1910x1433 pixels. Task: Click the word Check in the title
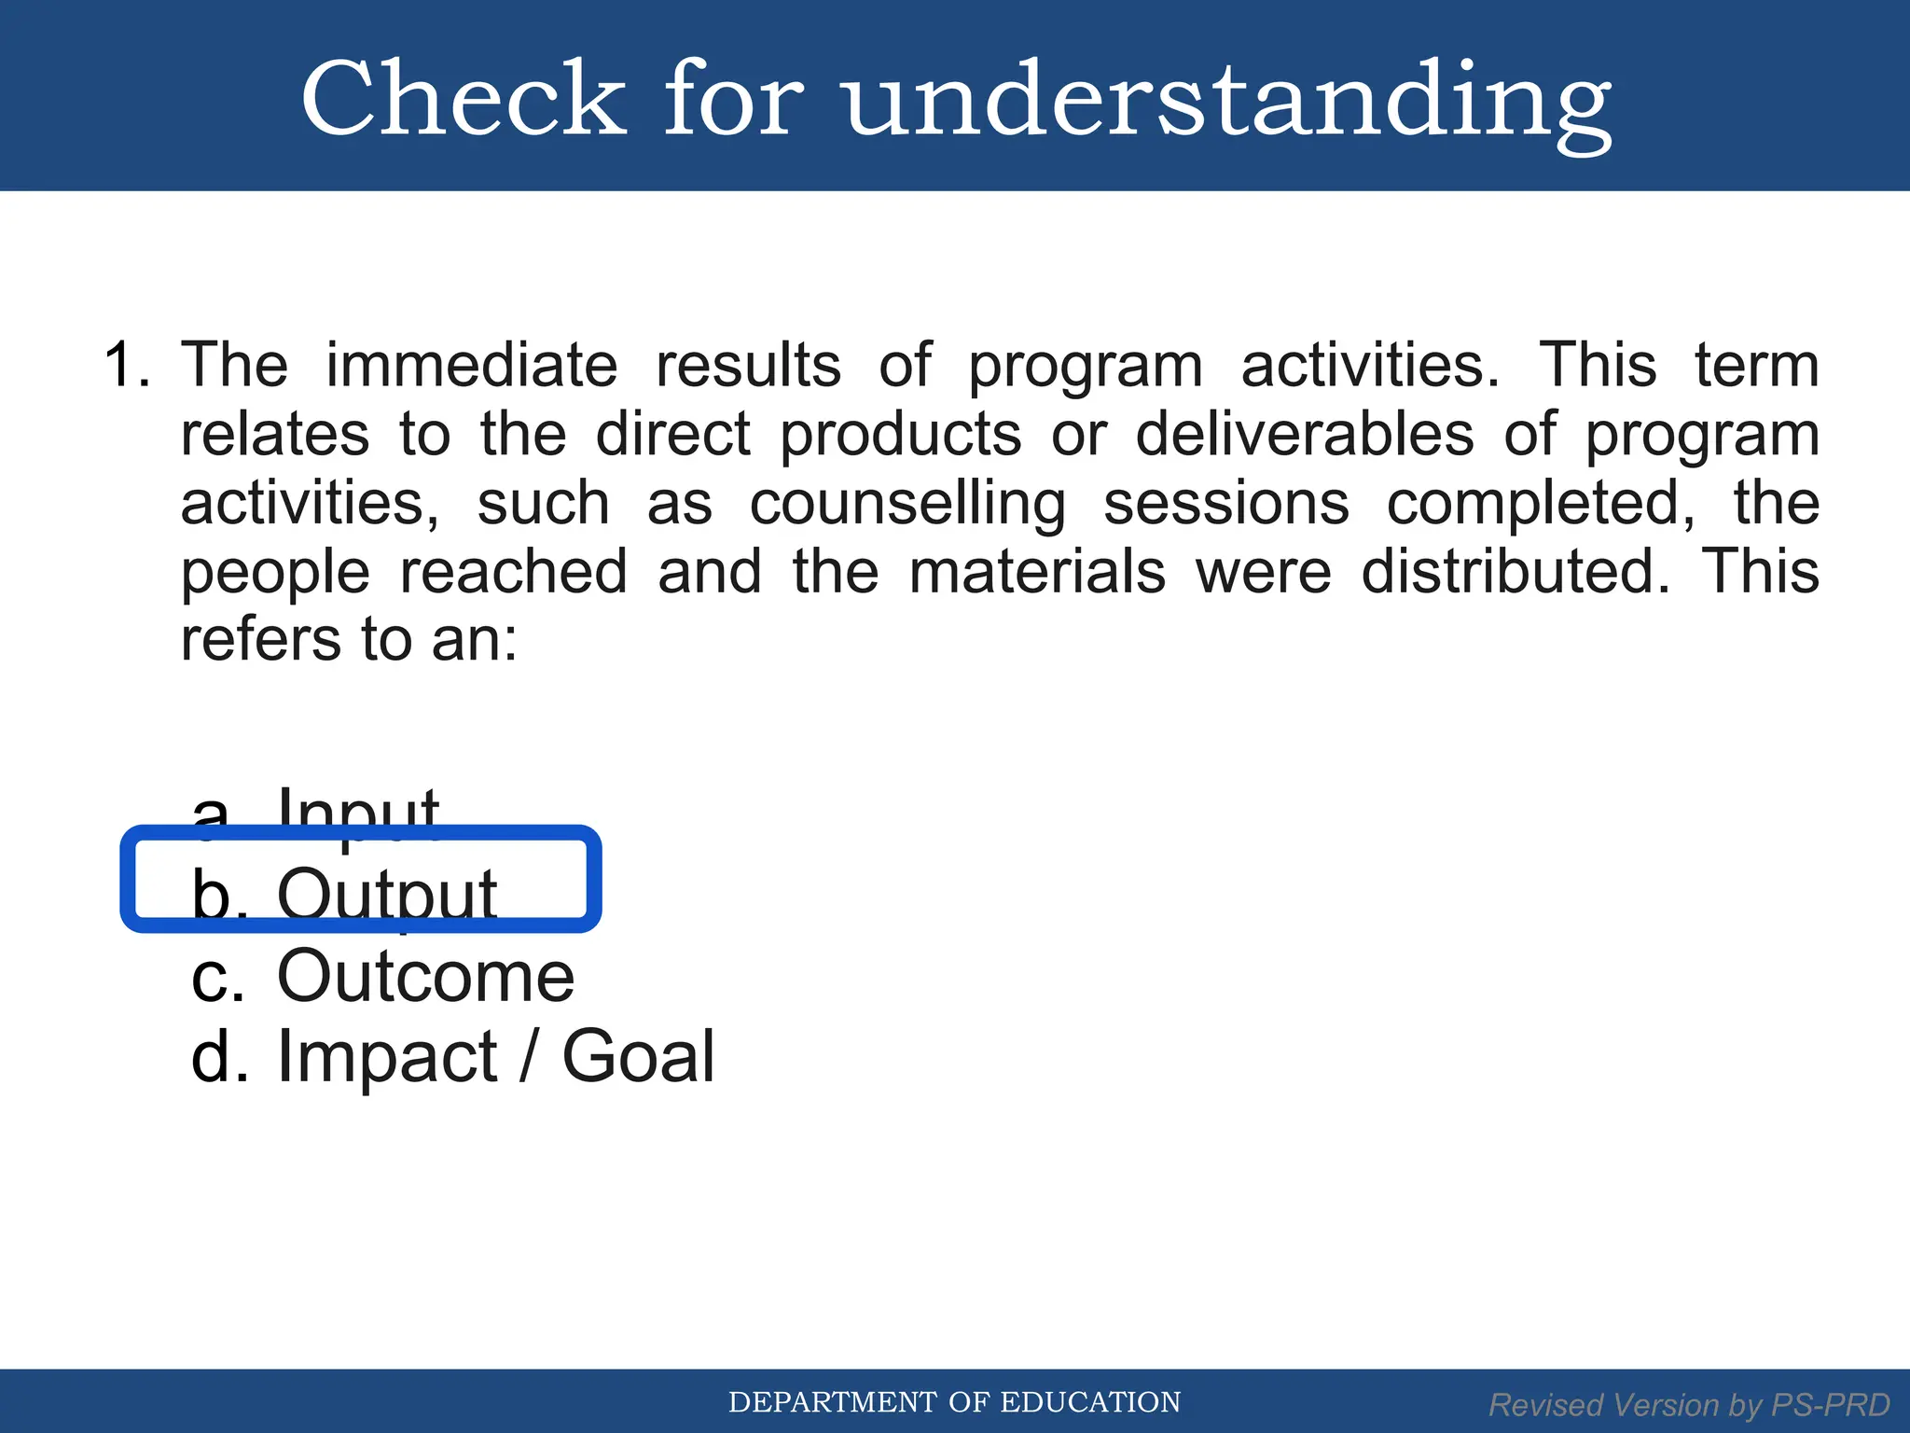point(464,99)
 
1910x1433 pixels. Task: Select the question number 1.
point(125,365)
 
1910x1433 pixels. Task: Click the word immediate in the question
point(471,365)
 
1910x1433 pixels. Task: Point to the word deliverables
point(1305,434)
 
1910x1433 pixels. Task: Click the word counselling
point(907,505)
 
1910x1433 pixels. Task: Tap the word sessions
point(1225,505)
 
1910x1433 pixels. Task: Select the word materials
point(1036,572)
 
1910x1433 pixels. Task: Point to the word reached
point(513,572)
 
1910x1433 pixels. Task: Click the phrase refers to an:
point(349,641)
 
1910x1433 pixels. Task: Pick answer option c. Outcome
point(382,976)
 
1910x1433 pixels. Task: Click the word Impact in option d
point(387,1057)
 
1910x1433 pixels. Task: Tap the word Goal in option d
point(638,1057)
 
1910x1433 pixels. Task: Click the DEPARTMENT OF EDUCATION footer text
point(954,1402)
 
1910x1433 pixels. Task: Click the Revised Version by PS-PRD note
point(1689,1405)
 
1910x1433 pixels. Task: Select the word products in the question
point(900,436)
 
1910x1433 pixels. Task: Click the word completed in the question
point(1541,505)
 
